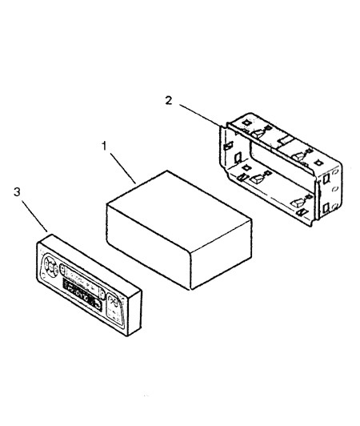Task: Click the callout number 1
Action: tap(104, 147)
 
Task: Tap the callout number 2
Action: tap(169, 101)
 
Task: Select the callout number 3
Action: tap(17, 192)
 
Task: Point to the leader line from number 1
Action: tap(122, 168)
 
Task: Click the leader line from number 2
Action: tap(200, 115)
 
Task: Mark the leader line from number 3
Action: tap(34, 216)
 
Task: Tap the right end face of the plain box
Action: tap(221, 255)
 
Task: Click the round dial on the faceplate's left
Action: tap(50, 266)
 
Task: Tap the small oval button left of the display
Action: tap(62, 270)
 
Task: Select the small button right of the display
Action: tap(102, 295)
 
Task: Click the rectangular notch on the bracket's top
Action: tap(285, 140)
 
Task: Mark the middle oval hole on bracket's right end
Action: tap(335, 188)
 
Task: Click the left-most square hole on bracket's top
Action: tap(246, 123)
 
